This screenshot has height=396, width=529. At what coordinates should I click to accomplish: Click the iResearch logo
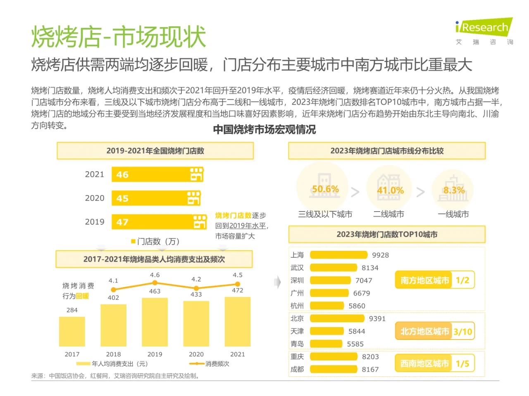pyautogui.click(x=484, y=28)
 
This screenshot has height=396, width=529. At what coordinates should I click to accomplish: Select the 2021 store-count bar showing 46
pyautogui.click(x=157, y=174)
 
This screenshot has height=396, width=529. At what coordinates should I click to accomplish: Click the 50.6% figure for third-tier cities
pyautogui.click(x=325, y=189)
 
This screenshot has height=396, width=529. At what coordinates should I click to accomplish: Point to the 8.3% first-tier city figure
pyautogui.click(x=454, y=190)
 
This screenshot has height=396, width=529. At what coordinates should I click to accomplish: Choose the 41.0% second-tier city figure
pyautogui.click(x=390, y=190)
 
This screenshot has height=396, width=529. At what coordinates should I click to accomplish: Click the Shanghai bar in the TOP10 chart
pyautogui.click(x=338, y=255)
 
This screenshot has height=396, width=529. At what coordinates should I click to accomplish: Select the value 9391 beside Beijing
pyautogui.click(x=377, y=318)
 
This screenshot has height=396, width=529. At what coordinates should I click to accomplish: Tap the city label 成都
pyautogui.click(x=297, y=369)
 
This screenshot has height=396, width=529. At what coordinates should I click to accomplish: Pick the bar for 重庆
pyautogui.click(x=333, y=356)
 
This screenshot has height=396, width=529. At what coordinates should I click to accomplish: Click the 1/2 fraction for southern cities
pyautogui.click(x=462, y=280)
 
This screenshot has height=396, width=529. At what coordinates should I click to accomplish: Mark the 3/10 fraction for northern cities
pyautogui.click(x=462, y=332)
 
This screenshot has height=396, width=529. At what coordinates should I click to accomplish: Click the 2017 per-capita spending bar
pyautogui.click(x=72, y=331)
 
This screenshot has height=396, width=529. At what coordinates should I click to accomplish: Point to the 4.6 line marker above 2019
pyautogui.click(x=155, y=283)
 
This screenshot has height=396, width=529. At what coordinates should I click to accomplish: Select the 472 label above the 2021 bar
pyautogui.click(x=237, y=290)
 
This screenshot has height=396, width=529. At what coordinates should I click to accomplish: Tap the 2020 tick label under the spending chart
pyautogui.click(x=196, y=354)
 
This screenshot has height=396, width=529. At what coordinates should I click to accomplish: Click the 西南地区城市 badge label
pyautogui.click(x=424, y=363)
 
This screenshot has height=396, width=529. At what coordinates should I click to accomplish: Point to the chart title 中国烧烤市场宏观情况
pyautogui.click(x=264, y=130)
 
